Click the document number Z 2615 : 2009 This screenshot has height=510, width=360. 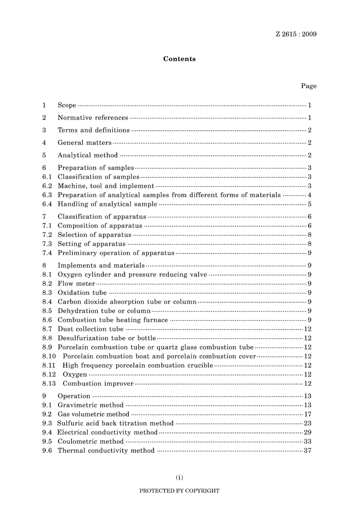click(x=296, y=34)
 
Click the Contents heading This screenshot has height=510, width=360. click(x=179, y=59)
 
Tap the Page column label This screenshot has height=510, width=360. click(x=308, y=86)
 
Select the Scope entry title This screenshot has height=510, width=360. click(x=67, y=105)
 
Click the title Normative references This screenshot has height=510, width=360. click(x=93, y=118)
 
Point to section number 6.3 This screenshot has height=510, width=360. click(x=47, y=195)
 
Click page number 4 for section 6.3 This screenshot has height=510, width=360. click(x=310, y=195)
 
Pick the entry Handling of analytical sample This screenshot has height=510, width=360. click(x=107, y=204)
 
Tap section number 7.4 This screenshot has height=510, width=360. click(x=47, y=253)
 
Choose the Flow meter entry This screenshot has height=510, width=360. click(x=76, y=284)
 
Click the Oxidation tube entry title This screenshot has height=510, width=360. click(x=82, y=293)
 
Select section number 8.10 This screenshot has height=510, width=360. click(x=49, y=356)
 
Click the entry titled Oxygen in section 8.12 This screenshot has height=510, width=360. click(x=75, y=375)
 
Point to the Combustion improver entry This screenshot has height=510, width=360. click(x=98, y=384)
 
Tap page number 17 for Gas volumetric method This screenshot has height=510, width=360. click(x=308, y=414)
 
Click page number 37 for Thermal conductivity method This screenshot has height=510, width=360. click(x=308, y=451)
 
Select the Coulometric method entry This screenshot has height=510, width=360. click(x=91, y=442)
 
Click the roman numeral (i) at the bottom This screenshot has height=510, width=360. click(x=179, y=477)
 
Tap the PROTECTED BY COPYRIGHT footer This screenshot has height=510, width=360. click(x=179, y=491)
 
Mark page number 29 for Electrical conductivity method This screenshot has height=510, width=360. click(x=308, y=433)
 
